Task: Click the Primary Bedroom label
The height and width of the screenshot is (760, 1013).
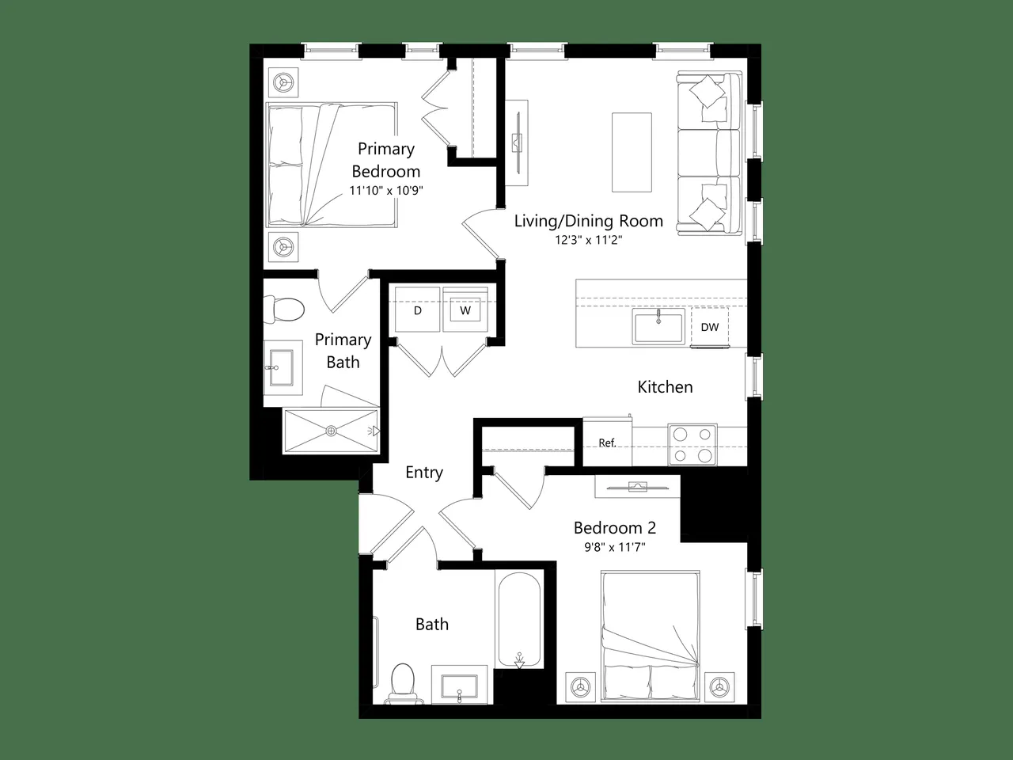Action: click(386, 160)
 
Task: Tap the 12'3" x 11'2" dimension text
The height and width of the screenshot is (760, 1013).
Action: click(589, 240)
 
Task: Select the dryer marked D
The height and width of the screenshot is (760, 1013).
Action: click(417, 310)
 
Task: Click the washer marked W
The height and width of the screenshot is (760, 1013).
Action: click(465, 310)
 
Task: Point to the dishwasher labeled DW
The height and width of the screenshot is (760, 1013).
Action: click(710, 327)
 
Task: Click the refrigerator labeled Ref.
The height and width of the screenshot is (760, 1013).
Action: click(607, 442)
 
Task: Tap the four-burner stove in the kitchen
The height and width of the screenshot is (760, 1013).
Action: click(692, 444)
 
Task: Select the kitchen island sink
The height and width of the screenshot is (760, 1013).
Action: click(658, 327)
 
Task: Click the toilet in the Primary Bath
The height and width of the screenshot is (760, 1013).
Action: click(283, 309)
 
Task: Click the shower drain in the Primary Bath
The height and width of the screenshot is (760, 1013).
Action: click(331, 431)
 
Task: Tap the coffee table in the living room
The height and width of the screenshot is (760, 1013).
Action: click(632, 152)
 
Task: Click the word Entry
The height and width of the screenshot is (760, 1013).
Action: click(424, 473)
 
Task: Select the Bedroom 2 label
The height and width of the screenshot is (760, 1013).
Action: click(615, 527)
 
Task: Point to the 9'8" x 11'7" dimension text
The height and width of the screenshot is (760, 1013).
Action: click(615, 547)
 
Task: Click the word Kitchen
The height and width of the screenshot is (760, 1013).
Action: click(665, 386)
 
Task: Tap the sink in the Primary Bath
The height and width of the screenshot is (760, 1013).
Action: click(281, 368)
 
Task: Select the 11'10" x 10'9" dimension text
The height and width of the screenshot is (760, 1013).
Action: click(386, 190)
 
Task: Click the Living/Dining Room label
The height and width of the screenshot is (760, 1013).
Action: click(589, 221)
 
